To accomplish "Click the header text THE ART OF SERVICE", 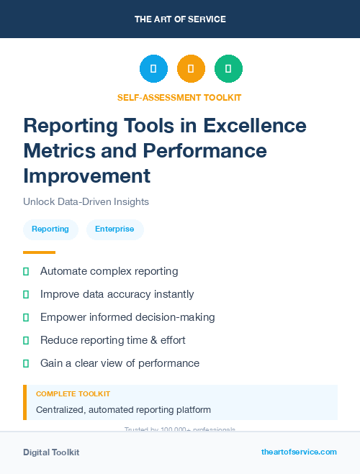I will coord(180,19).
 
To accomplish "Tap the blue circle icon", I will coord(153,69).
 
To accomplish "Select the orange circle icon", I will coord(191,69).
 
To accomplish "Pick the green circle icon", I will coord(228,69).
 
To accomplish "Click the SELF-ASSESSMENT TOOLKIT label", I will coord(179,97).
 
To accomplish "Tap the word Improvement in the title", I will coord(87,176).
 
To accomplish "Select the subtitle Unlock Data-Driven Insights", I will coord(86,202).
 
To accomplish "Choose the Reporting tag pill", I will coord(50,229).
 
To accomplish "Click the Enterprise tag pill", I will coord(114,229).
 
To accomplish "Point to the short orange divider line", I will coord(39,252).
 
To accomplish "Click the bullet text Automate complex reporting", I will coord(109,271).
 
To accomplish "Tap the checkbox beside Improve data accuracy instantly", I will coord(26,294).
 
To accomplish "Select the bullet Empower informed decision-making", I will coord(127,317).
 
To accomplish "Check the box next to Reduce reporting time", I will coord(26,340).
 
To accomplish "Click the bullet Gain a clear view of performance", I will coord(120,363).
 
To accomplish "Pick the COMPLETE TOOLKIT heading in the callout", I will coord(73,394).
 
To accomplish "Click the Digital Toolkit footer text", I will coord(51,452).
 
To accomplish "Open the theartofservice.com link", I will coord(299,452).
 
